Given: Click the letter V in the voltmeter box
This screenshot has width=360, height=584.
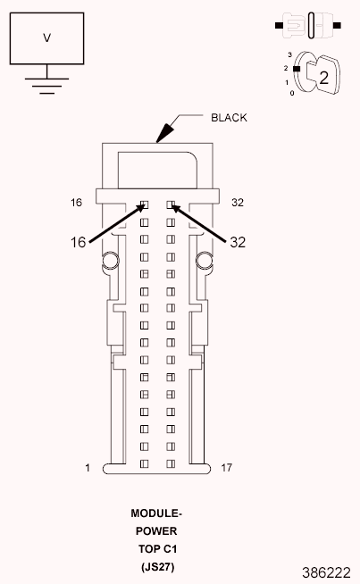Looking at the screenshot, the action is [47, 38].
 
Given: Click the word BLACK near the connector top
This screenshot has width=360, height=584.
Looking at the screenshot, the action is [229, 118].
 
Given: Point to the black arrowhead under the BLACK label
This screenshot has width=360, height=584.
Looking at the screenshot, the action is [164, 132].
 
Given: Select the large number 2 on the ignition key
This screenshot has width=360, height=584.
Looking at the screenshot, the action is [324, 78].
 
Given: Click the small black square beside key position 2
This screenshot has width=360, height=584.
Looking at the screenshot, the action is [297, 69].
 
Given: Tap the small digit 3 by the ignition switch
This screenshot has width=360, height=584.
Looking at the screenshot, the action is [289, 54].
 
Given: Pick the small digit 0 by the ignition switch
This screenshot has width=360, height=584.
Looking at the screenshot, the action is [292, 93].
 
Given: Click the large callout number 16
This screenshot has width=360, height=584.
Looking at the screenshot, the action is [79, 243].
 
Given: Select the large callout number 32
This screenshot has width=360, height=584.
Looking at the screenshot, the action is [238, 243].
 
